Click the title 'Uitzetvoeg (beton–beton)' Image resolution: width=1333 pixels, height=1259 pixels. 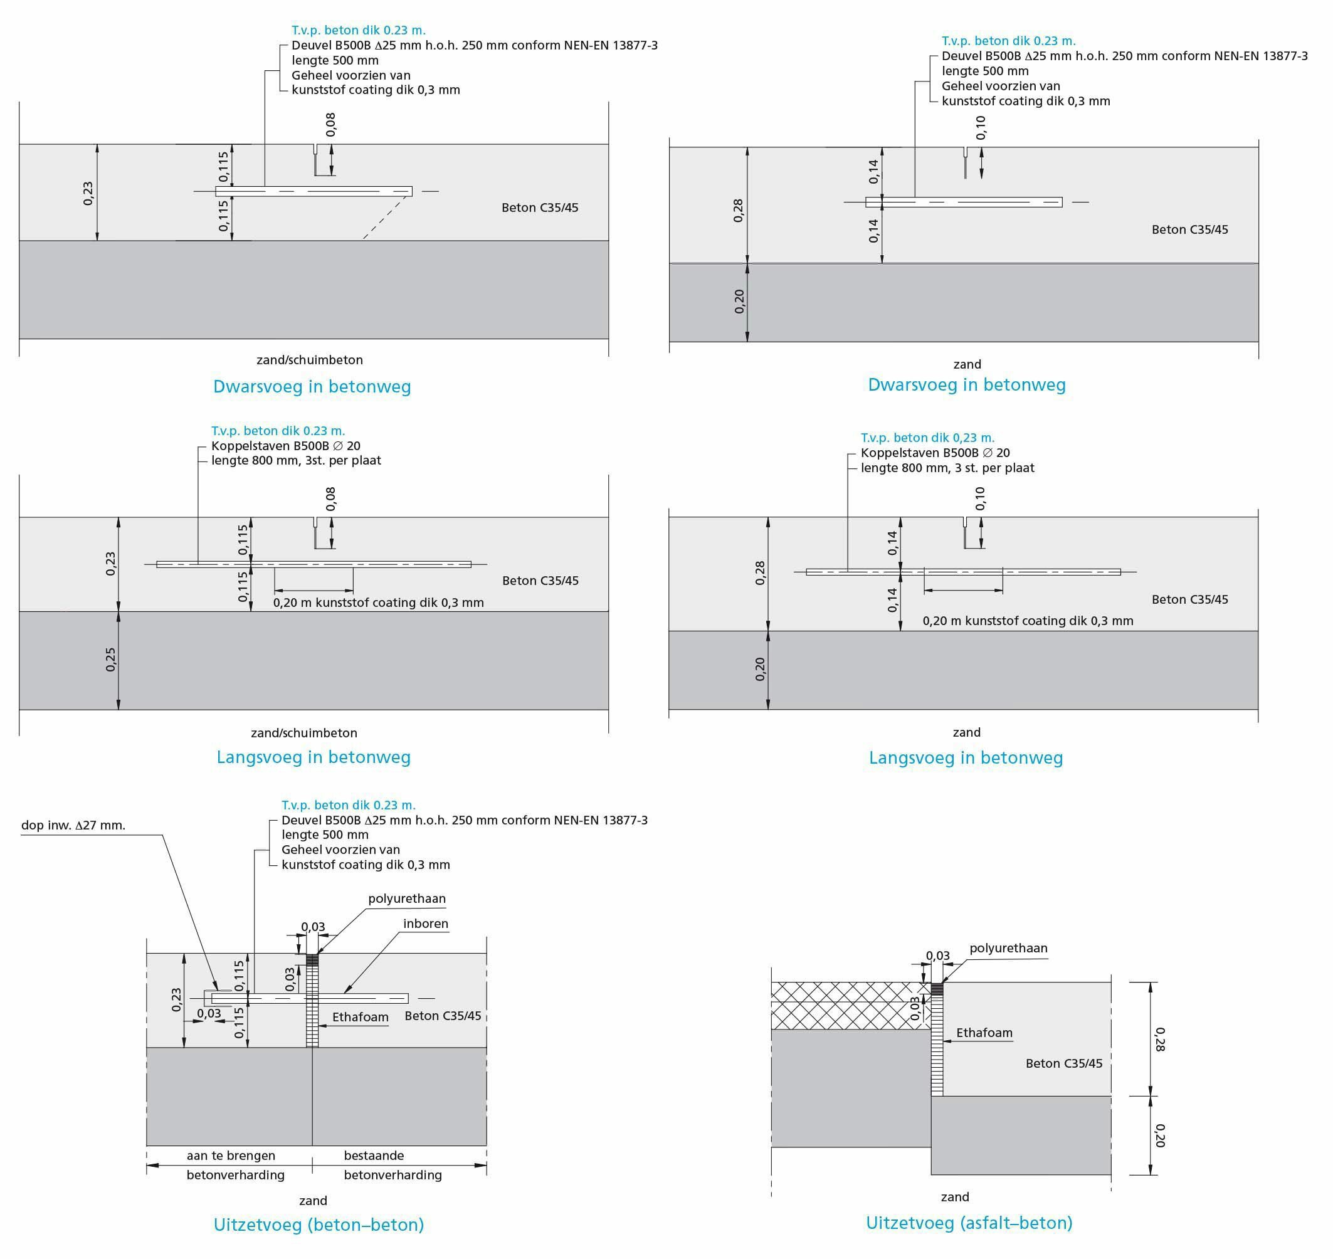[318, 1225]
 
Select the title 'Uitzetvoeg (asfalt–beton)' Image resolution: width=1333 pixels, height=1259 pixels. [969, 1223]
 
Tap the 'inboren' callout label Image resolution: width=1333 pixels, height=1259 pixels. [426, 924]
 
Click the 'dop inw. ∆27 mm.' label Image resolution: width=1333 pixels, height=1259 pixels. [73, 824]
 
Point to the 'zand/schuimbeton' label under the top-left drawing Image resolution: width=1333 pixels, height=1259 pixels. [309, 360]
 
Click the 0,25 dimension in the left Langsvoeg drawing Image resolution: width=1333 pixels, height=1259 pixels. [111, 660]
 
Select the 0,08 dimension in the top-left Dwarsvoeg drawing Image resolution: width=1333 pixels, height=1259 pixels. [330, 124]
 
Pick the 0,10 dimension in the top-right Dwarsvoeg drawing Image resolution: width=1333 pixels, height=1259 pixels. [981, 127]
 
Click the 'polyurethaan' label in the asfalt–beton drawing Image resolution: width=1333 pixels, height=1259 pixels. [1008, 947]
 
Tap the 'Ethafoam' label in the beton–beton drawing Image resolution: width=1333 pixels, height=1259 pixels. [360, 1017]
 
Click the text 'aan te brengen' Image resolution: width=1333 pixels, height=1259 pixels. [231, 1155]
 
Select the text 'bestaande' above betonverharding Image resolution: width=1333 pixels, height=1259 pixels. [374, 1155]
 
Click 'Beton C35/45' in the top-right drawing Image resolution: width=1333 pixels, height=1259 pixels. [1189, 229]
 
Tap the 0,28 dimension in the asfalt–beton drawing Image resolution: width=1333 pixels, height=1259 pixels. [1161, 1039]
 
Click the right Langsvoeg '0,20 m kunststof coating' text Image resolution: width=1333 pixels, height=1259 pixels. [1028, 621]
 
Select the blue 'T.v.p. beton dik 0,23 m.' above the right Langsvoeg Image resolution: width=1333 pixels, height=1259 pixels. [927, 438]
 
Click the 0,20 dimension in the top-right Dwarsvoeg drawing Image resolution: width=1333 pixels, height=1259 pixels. [740, 302]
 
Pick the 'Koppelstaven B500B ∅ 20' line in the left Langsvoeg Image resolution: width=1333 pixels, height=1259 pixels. [286, 446]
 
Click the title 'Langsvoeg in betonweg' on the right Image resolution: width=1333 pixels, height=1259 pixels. [966, 757]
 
